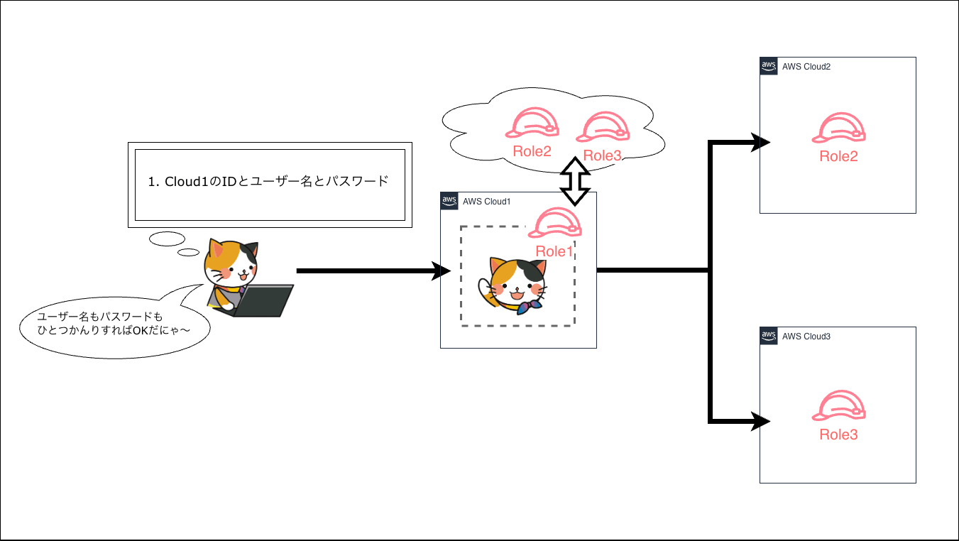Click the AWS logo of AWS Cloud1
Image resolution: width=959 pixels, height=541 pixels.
pos(449,200)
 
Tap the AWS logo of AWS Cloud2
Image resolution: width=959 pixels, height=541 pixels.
pos(768,66)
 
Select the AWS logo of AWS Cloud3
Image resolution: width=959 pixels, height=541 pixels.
pos(768,335)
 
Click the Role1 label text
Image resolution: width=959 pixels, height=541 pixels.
pos(554,251)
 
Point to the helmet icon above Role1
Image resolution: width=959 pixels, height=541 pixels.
pos(555,223)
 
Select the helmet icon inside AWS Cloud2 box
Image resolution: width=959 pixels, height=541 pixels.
pos(839,128)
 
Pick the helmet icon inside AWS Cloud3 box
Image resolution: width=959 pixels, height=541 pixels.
pos(839,405)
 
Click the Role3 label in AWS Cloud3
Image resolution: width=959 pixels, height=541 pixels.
pos(839,435)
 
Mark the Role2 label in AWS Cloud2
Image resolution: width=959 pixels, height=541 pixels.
pos(839,156)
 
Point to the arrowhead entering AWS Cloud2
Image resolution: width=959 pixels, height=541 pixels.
pos(762,142)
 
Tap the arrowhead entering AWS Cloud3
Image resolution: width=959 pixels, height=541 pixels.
pos(762,422)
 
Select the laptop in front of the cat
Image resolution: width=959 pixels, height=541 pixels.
pos(263,300)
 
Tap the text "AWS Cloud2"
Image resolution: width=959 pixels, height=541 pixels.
pos(806,67)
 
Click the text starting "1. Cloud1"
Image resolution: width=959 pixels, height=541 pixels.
pos(269,181)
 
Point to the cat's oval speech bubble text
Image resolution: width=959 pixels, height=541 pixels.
pos(104,323)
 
